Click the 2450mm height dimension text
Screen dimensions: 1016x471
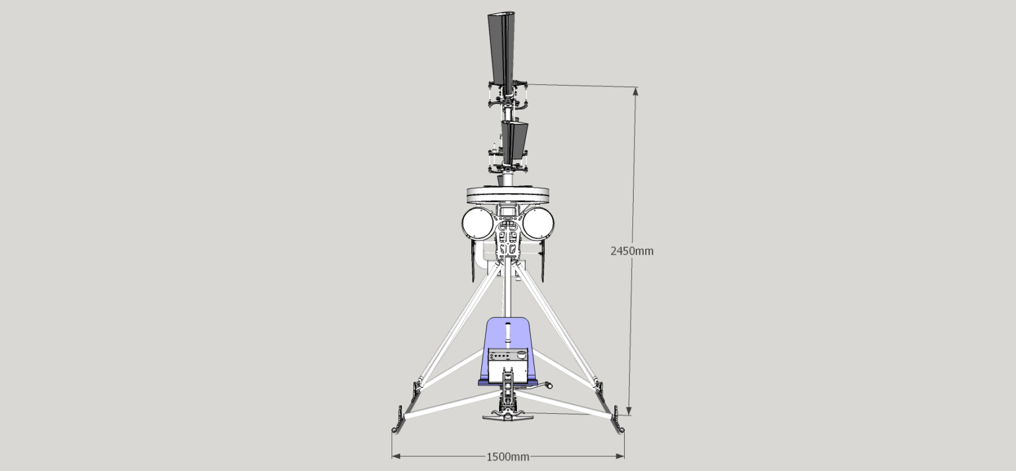click(x=632, y=251)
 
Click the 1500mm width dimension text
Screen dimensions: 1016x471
click(x=508, y=457)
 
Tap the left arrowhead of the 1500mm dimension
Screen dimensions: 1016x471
click(x=396, y=456)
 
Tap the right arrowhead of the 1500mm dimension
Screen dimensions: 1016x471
click(x=620, y=456)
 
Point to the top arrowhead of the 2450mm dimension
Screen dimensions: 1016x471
click(x=636, y=91)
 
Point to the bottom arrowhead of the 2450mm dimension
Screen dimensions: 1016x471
click(x=629, y=410)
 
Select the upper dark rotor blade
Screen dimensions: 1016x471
click(x=502, y=51)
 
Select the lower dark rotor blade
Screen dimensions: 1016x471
click(x=514, y=142)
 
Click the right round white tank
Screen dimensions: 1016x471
click(x=538, y=224)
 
